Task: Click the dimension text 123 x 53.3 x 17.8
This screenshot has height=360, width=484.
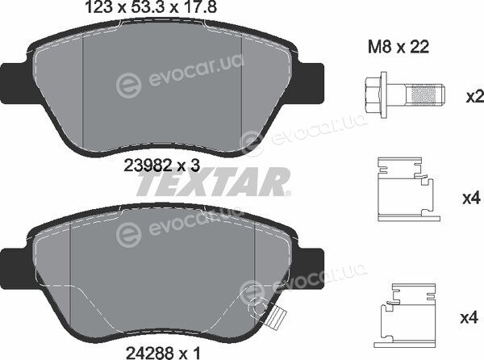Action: [150, 7]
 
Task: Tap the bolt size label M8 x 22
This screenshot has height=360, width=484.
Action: [398, 48]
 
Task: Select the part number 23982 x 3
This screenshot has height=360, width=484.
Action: [162, 166]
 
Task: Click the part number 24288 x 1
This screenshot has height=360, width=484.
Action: [163, 352]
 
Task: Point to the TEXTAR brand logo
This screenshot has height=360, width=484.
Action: [213, 182]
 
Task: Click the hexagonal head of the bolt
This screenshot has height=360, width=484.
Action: [373, 94]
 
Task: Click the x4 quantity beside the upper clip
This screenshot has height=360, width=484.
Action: [471, 198]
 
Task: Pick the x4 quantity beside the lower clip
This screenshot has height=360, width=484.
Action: [469, 317]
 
